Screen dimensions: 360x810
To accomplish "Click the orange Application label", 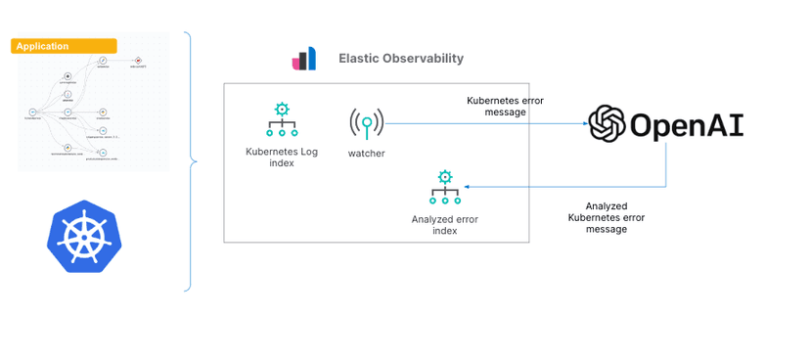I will [64, 46].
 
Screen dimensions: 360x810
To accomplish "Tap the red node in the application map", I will [139, 60].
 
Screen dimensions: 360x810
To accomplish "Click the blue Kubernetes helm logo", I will [84, 236].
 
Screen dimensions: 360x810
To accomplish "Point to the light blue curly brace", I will [190, 161].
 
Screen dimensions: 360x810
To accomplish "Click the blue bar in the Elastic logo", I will [310, 58].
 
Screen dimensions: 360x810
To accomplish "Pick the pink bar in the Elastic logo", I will [297, 63].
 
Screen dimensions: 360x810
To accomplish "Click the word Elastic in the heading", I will [357, 59].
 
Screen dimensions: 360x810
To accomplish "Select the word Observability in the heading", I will [422, 59].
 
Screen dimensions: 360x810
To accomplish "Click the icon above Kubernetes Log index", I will [282, 120].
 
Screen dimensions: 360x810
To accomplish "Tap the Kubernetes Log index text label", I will [282, 157].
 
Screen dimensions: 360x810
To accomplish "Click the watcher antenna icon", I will [366, 124].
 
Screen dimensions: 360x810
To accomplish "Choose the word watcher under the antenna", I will [366, 153].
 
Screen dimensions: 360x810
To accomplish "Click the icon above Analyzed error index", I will [445, 186].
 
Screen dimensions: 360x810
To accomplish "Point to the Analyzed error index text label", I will [445, 225].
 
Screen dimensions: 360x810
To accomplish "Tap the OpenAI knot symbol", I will [607, 124].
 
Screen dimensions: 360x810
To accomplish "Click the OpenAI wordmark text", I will [687, 125].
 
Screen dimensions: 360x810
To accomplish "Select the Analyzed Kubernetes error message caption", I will [607, 217].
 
